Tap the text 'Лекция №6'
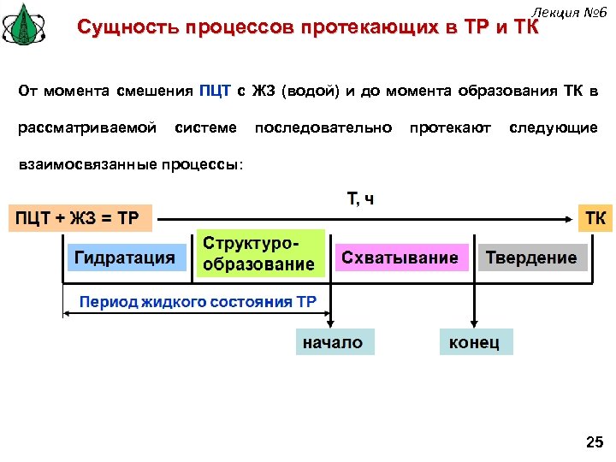tap(568, 11)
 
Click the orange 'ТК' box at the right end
tap(595, 217)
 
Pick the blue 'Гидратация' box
tap(125, 257)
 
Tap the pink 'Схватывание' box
tap(400, 257)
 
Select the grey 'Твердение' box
tap(531, 258)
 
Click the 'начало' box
tap(331, 342)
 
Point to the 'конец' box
tap(475, 342)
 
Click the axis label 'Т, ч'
tap(360, 199)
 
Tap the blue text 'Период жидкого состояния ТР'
tap(198, 301)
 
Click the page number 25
tap(593, 441)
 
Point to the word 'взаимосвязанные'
tap(74, 163)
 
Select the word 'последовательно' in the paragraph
tap(323, 127)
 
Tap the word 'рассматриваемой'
tap(87, 127)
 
